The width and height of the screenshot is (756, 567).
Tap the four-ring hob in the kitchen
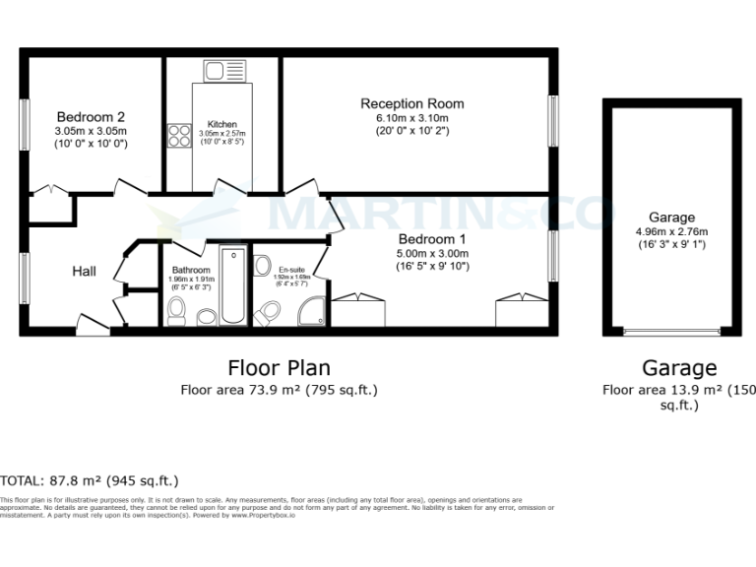[179, 135]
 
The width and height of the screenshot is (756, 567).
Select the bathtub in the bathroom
[233, 285]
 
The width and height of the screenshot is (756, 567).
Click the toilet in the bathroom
[177, 311]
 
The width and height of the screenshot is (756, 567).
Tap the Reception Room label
[411, 103]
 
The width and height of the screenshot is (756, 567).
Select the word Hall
[83, 271]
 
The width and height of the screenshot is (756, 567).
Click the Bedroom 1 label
[433, 239]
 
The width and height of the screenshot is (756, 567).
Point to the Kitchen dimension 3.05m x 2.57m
[222, 134]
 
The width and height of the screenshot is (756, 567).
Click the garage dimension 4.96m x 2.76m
[671, 233]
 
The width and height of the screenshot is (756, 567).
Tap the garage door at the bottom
[671, 332]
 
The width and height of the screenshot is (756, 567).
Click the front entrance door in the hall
[93, 328]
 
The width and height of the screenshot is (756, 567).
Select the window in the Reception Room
[552, 122]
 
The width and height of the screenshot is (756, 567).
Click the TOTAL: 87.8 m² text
[89, 481]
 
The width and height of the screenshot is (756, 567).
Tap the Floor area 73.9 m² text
[279, 390]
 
